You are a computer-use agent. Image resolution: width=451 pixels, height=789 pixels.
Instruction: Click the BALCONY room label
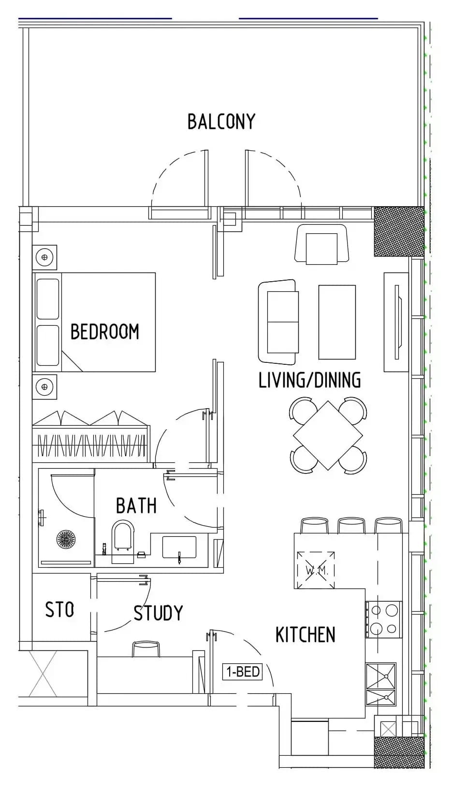coord(221,122)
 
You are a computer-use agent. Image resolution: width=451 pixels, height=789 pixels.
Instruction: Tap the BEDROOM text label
coord(105,331)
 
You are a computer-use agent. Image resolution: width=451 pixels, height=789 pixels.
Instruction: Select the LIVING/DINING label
coord(310,380)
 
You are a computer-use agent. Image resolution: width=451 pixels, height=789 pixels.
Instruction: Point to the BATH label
coord(136,505)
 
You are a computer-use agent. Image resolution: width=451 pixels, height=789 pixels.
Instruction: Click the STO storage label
coord(59,609)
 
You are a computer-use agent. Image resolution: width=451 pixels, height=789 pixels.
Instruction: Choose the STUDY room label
coord(158,613)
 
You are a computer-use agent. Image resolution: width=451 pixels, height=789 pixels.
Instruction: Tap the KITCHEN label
coord(305,634)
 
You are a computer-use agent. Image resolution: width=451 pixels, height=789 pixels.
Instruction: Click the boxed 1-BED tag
coord(243,672)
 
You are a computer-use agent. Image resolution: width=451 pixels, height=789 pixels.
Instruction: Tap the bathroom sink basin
coord(179,547)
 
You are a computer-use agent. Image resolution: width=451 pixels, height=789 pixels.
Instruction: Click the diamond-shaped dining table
coord(328,435)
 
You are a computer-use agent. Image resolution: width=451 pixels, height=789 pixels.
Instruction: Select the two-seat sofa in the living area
coord(278,322)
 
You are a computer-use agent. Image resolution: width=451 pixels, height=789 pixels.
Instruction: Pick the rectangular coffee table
coord(337,322)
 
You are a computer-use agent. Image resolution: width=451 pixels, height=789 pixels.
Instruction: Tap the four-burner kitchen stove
coord(383,619)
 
